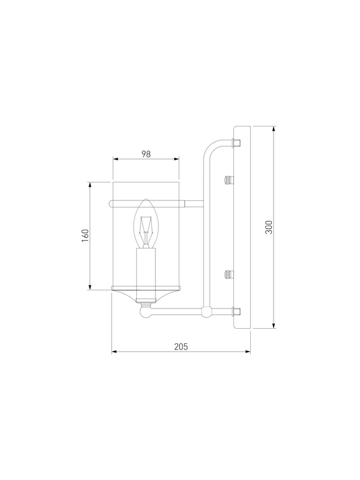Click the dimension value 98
[146, 154]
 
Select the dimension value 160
[85, 235]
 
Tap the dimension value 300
[268, 227]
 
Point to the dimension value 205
[181, 347]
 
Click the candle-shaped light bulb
[146, 223]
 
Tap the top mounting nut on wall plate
[236, 143]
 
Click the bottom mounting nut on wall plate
[236, 311]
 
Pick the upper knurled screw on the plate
[229, 179]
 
